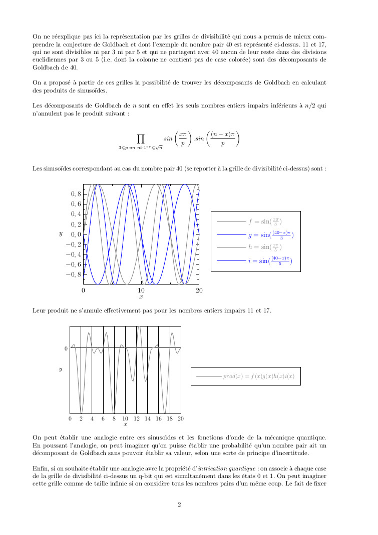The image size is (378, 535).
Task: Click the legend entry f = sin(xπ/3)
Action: pos(265,221)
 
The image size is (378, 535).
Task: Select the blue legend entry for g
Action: pos(270,234)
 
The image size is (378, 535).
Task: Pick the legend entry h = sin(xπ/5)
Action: pos(265,247)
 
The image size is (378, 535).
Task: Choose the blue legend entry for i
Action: pos(270,260)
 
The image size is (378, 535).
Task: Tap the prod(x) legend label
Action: pos(258,376)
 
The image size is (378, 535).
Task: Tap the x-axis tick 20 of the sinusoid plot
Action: pos(199,290)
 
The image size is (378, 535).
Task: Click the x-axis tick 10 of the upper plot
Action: pos(141,290)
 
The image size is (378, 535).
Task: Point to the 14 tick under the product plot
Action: pos(148,418)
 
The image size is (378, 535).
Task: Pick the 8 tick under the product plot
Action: pos(114,418)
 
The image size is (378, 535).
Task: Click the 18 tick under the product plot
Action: pos(170,418)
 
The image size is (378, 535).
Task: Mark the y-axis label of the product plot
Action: pos(61,369)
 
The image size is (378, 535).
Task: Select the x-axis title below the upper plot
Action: pos(141,297)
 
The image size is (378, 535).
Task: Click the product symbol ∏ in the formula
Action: pos(141,138)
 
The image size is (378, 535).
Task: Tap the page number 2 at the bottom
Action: pos(180,504)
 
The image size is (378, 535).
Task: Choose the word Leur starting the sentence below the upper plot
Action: pos(39,310)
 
